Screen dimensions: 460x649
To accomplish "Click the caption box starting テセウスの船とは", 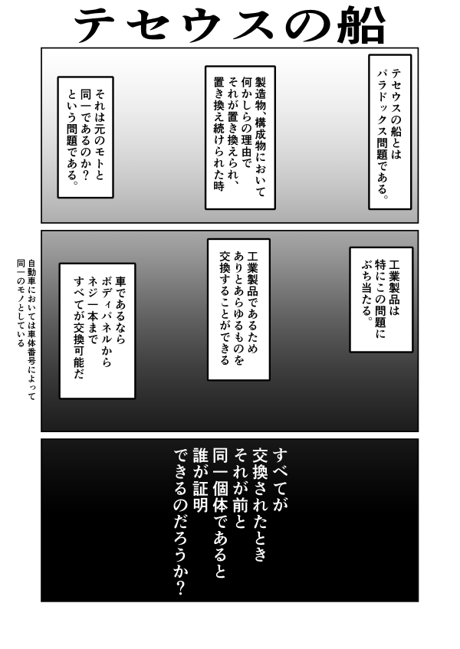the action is pyautogui.click(x=389, y=131).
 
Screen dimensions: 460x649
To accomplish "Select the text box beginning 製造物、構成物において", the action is pyautogui.click(x=239, y=136).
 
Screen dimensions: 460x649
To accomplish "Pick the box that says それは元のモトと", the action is pyautogui.click(x=85, y=136).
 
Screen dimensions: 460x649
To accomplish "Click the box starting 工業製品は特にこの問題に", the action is pyautogui.click(x=380, y=299).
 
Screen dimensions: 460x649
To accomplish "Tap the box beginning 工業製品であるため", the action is pyautogui.click(x=238, y=309).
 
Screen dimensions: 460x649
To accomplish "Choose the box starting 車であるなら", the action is pyautogui.click(x=97, y=331).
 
